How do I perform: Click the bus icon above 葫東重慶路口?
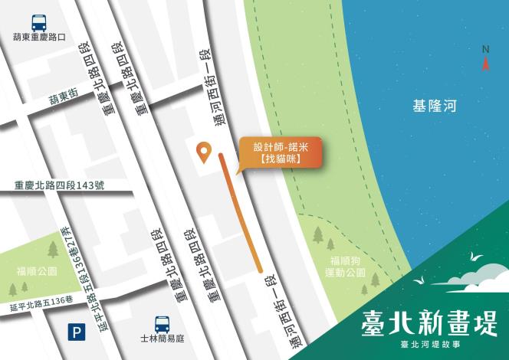pos(37,21)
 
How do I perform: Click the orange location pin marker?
pos(204,152)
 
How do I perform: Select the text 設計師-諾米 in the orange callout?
pos(278,146)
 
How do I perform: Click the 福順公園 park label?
pos(37,271)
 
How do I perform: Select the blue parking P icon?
pos(75,332)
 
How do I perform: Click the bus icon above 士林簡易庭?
pos(162,324)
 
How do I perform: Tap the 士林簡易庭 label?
pos(163,340)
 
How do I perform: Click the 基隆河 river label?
pos(434,106)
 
